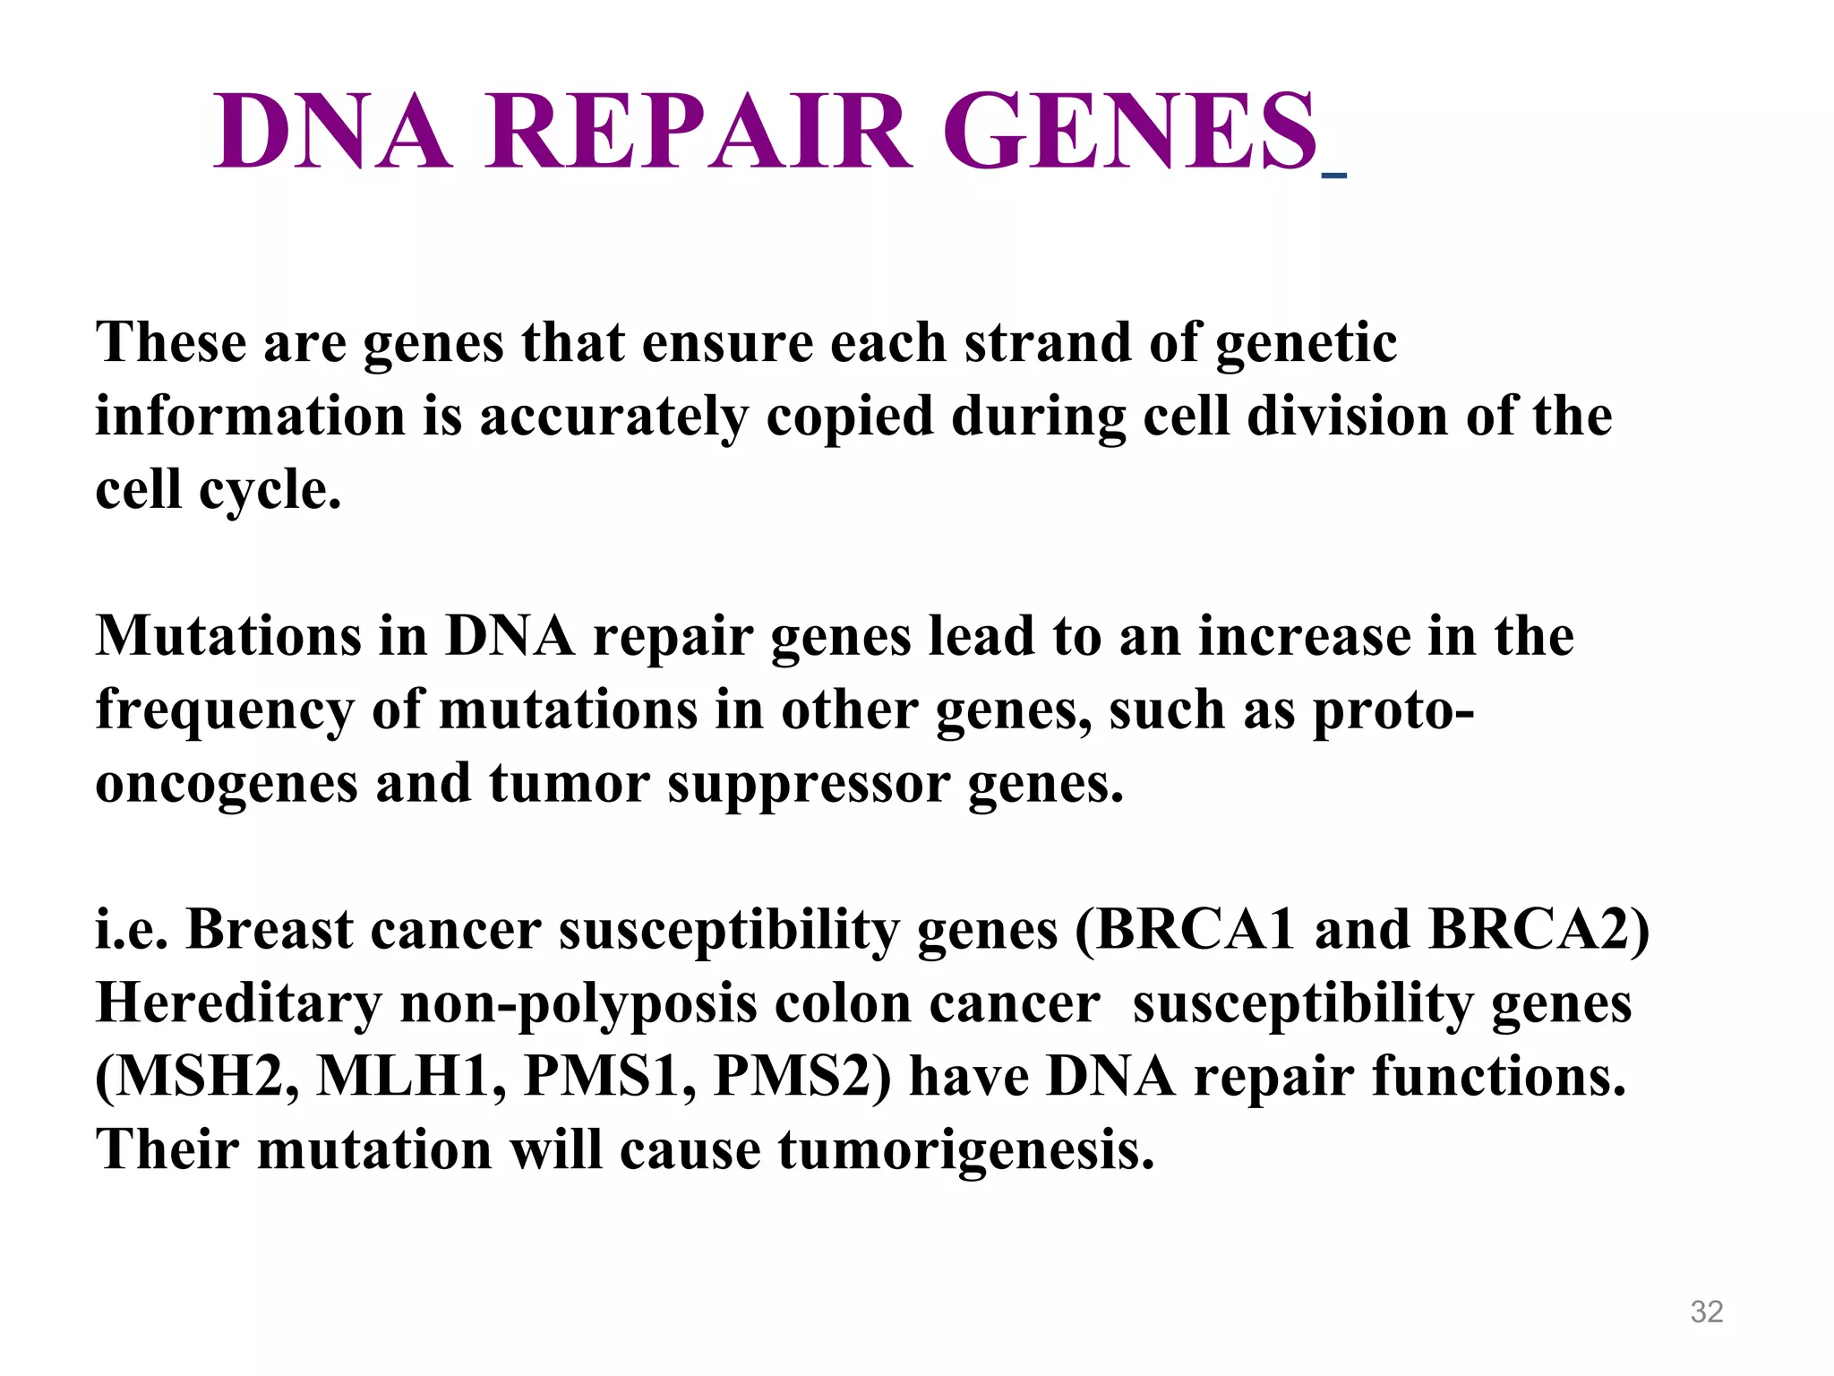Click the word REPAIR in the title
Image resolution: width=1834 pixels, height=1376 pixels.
pos(699,132)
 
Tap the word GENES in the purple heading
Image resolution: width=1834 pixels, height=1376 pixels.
pos(1130,132)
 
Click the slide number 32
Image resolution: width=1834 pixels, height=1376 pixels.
pos(1706,1311)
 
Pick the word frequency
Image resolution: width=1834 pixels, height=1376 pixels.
pos(225,711)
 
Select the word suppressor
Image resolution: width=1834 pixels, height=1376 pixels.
pos(808,785)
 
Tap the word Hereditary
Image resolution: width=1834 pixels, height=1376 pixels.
pos(238,1003)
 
